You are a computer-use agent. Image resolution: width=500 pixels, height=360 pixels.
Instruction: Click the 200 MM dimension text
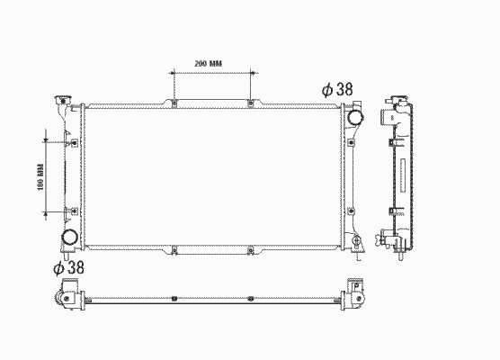coord(209,63)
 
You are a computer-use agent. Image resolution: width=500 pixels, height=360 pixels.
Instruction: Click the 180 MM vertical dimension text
coord(40,177)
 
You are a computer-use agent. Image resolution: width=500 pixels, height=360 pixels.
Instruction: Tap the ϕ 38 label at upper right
coord(337,89)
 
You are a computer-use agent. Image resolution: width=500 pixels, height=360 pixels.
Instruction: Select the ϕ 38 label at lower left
coord(68,267)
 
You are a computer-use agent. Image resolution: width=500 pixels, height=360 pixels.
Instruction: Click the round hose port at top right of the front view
coord(355,117)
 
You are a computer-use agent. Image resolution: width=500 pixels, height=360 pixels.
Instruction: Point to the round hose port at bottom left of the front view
coord(69,238)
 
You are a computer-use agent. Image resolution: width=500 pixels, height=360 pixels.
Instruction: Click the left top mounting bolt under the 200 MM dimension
coord(174,103)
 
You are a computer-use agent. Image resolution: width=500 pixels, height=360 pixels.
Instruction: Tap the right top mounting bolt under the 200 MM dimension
coord(251,103)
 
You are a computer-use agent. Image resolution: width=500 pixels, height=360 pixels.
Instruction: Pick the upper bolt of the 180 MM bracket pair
coord(75,143)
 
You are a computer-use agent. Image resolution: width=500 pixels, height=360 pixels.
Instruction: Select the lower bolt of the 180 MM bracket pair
coord(75,211)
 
